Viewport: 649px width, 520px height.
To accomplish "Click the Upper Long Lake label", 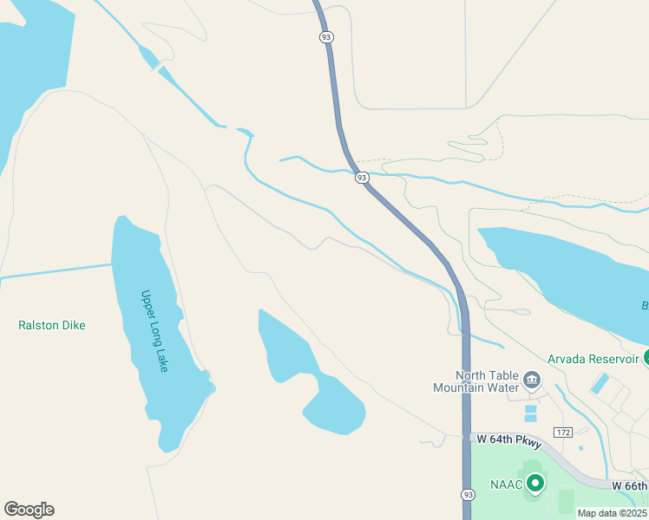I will click(154, 331).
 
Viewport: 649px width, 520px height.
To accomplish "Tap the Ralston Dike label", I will click(52, 325).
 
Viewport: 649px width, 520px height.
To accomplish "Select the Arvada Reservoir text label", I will click(593, 359).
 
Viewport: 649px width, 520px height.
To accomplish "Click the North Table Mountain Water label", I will click(475, 381).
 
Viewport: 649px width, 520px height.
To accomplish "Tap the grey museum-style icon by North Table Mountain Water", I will click(531, 379).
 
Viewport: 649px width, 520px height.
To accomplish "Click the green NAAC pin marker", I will click(536, 483).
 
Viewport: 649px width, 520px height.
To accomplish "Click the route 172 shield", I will click(563, 432).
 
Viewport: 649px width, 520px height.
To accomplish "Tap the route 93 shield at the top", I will click(325, 36).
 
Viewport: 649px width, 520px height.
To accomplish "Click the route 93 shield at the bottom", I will click(468, 494).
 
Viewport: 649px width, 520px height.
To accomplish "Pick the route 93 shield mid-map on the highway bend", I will click(362, 177).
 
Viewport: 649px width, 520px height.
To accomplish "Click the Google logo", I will click(29, 509).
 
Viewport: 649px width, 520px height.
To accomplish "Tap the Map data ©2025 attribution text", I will click(613, 513).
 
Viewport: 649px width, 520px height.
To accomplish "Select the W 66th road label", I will click(629, 485).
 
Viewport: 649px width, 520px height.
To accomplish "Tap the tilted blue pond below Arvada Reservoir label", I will click(600, 382).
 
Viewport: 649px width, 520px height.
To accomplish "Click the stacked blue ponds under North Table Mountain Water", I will click(530, 413).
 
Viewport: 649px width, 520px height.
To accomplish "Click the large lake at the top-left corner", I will click(30, 69).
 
